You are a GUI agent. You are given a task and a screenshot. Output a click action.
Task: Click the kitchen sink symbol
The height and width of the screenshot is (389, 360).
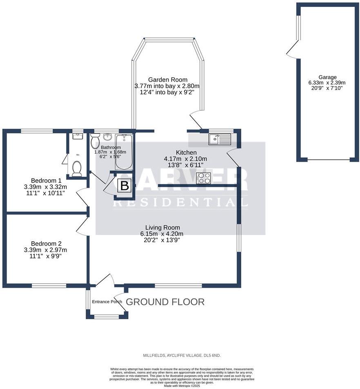[220, 140]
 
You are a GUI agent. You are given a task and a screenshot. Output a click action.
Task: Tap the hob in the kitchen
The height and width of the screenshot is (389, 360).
[204, 178]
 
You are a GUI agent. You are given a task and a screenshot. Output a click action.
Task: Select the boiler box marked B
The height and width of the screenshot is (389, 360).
[125, 186]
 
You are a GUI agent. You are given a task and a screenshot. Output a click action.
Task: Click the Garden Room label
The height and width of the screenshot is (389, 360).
[167, 80]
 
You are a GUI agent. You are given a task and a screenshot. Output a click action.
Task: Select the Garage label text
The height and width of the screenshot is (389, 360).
[328, 77]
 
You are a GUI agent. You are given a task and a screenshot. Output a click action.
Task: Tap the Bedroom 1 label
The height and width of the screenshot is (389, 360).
[46, 180]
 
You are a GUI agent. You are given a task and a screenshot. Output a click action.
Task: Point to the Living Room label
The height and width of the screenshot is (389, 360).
[162, 227]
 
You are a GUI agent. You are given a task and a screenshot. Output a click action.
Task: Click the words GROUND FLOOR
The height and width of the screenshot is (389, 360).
[165, 302]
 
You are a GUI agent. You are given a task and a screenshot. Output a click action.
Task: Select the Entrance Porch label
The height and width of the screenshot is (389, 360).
[107, 302]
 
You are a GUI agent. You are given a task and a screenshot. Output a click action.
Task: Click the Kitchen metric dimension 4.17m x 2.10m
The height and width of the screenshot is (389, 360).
[185, 159]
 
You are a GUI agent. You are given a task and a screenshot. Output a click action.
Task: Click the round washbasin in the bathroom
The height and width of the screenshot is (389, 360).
[108, 136]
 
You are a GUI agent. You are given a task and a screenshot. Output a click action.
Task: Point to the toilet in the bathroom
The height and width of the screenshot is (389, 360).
[95, 142]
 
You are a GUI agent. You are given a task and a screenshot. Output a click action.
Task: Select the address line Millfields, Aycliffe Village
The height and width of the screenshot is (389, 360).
[182, 356]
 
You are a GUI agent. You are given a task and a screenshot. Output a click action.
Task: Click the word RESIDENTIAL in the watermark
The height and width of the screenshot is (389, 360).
[180, 202]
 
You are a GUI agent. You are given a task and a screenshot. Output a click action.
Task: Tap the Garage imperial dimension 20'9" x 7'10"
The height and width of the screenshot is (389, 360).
[328, 87]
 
